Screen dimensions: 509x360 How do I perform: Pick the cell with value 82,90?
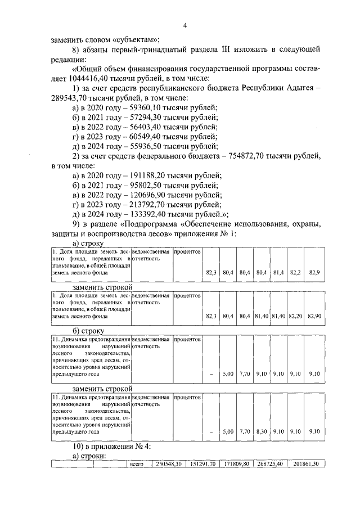point(314,317)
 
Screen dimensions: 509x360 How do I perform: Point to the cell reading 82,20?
point(295,317)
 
